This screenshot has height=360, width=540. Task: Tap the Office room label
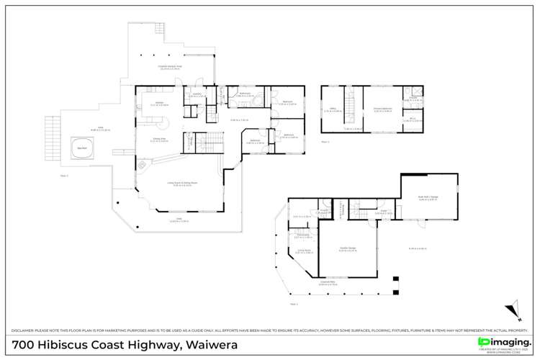pos(330,110)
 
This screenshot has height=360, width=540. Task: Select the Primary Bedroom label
pos(382,110)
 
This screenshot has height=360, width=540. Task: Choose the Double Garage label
pos(348,249)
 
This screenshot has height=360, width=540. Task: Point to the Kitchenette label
pos(301,235)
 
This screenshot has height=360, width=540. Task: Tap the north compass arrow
pos(513,308)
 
